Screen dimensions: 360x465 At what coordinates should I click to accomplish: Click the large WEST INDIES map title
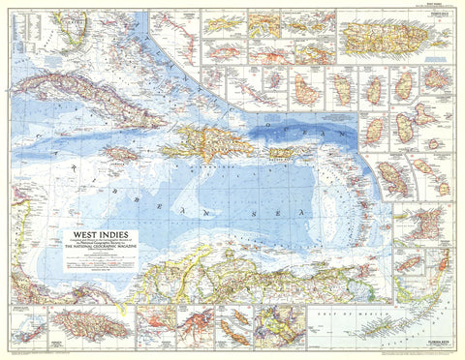tap(100, 233)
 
